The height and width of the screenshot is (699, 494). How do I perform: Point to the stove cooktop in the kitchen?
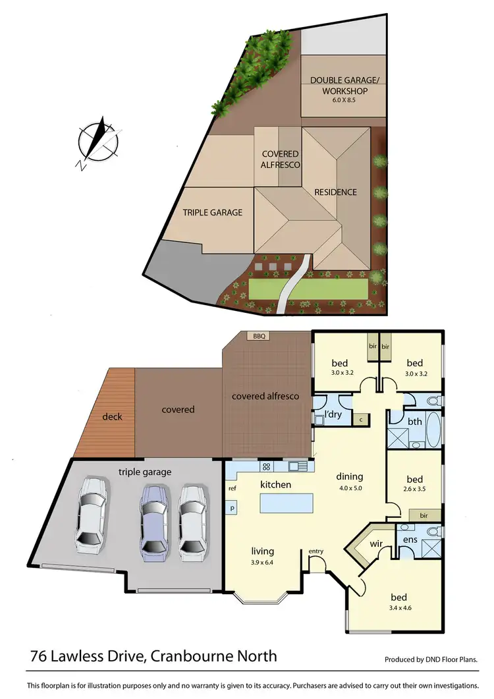(x=267, y=467)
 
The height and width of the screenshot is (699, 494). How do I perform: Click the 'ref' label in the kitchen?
(x=232, y=488)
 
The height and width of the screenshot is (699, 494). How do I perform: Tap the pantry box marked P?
(x=233, y=508)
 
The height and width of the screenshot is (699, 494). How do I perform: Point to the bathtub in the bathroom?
(x=433, y=429)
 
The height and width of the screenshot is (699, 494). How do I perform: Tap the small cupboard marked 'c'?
(x=361, y=418)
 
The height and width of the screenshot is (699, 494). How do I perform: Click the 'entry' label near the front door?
(x=316, y=551)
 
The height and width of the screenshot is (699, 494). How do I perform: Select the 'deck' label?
(x=112, y=416)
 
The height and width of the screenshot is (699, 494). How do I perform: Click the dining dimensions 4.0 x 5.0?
(x=350, y=488)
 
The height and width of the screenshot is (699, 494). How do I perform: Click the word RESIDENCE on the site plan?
(x=335, y=192)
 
